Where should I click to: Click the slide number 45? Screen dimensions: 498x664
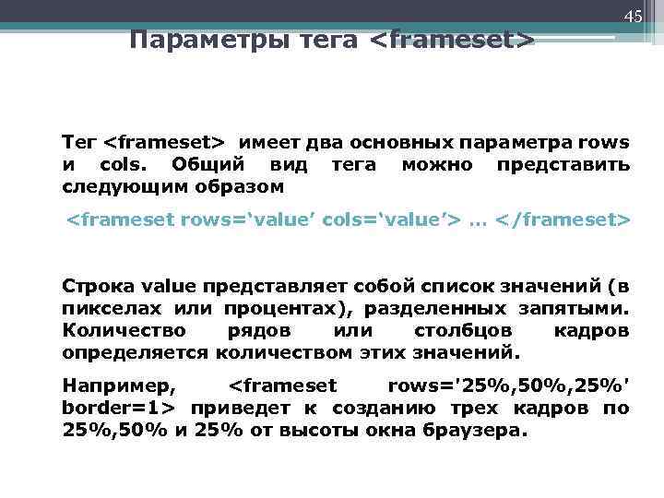(633, 18)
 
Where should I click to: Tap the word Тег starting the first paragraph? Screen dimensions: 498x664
(78, 143)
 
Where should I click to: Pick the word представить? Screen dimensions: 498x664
(563, 165)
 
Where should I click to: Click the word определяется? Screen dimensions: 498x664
(135, 352)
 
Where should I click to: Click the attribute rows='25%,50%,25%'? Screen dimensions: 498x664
(509, 385)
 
